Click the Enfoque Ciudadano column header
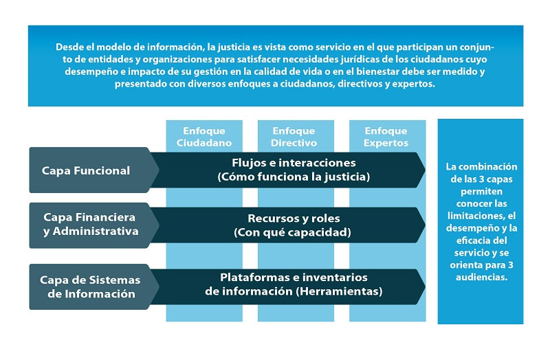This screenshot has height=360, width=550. click(203, 137)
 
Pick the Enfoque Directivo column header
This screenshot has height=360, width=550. click(294, 137)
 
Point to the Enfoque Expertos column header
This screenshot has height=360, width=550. click(386, 137)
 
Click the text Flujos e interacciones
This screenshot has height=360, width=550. click(294, 163)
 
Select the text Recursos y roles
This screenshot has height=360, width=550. click(294, 218)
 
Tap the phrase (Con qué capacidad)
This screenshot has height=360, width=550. click(293, 232)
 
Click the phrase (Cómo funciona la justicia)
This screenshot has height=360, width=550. click(294, 177)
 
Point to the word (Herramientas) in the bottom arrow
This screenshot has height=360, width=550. click(340, 291)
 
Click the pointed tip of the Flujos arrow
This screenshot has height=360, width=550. click(425, 170)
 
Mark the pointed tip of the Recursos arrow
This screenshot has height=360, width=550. click(425, 225)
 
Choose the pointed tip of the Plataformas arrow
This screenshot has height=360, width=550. click(425, 286)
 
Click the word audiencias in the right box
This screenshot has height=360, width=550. click(481, 278)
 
